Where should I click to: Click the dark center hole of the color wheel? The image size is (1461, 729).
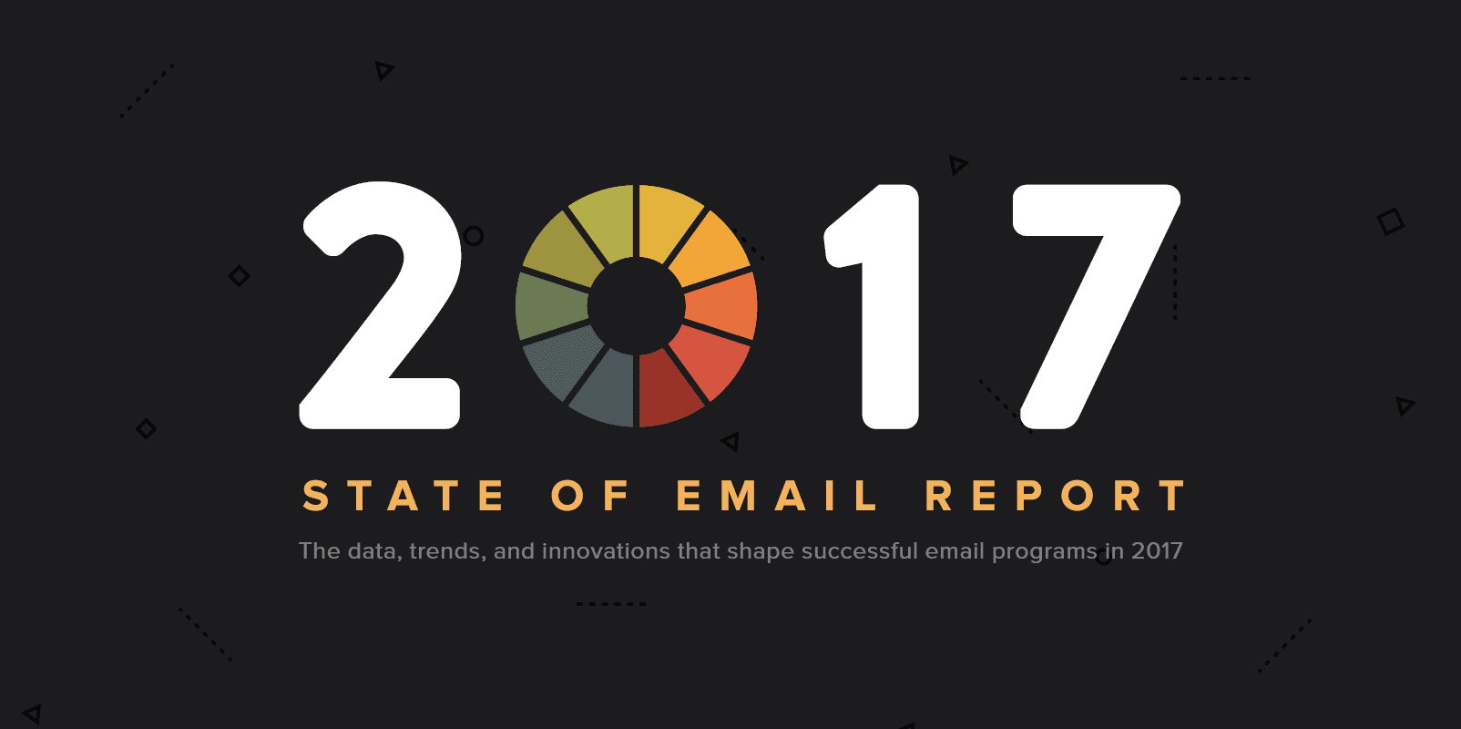pyautogui.click(x=636, y=305)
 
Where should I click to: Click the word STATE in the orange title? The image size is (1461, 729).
pyautogui.click(x=404, y=496)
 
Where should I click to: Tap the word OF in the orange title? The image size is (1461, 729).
pyautogui.click(x=590, y=496)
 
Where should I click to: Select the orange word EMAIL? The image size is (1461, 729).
pyautogui.click(x=777, y=496)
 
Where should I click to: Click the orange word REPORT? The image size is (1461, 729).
pyautogui.click(x=1056, y=496)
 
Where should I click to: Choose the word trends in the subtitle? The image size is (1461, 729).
pyautogui.click(x=447, y=551)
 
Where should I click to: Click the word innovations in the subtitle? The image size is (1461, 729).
pyautogui.click(x=606, y=550)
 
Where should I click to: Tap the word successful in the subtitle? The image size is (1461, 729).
pyautogui.click(x=859, y=550)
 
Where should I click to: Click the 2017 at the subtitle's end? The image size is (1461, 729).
pyautogui.click(x=1157, y=550)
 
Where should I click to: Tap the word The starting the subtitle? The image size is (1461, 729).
pyautogui.click(x=320, y=550)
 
